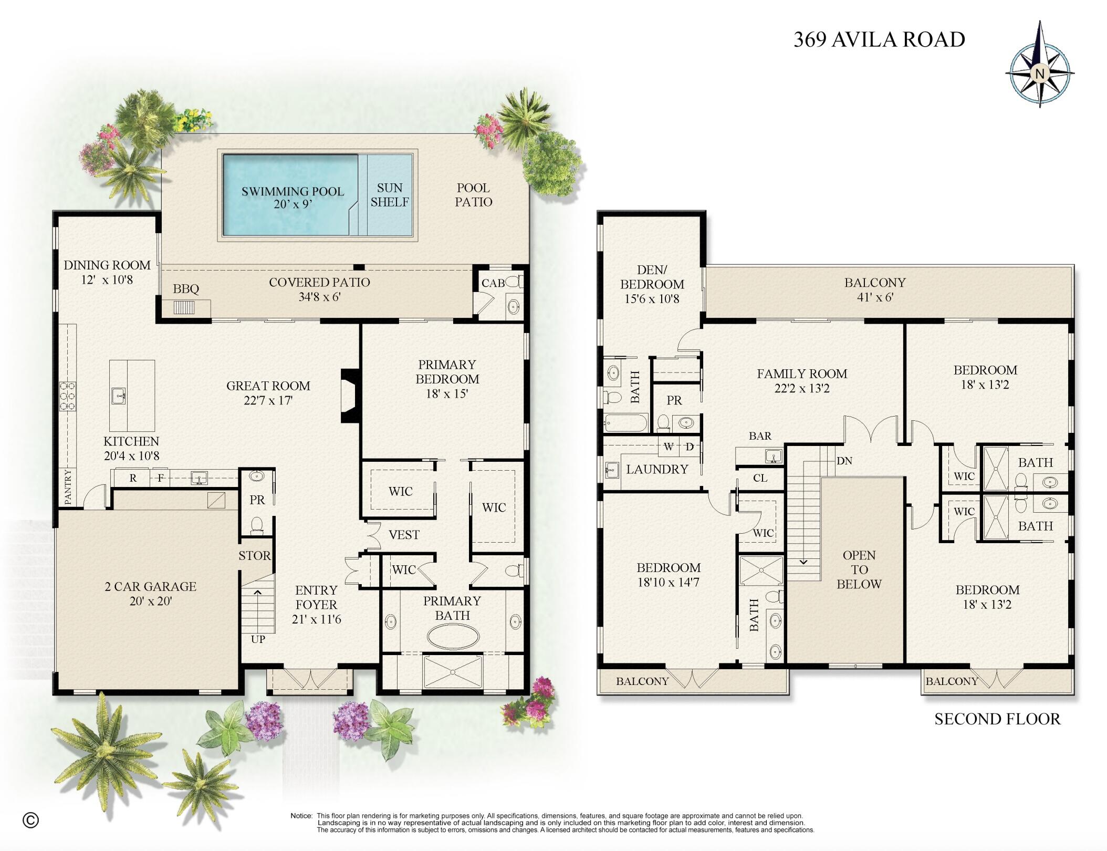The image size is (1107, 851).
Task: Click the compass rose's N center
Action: [x=1039, y=74]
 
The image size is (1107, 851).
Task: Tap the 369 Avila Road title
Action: [x=879, y=40]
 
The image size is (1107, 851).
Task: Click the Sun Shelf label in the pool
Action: [x=389, y=195]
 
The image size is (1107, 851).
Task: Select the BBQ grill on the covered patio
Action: [x=184, y=307]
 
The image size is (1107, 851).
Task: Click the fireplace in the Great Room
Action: [x=350, y=396]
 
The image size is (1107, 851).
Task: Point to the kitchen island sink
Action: [x=118, y=396]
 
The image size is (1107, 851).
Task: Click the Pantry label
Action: [x=68, y=487]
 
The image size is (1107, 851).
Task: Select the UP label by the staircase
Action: [x=258, y=639]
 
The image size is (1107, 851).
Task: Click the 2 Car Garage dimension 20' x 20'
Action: [x=151, y=601]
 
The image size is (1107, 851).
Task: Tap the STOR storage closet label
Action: [x=255, y=556]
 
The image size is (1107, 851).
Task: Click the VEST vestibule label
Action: [x=404, y=535]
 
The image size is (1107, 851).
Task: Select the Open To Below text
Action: [x=859, y=569]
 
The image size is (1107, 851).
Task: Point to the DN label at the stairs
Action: [x=844, y=461]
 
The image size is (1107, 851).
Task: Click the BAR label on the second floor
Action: [x=760, y=436]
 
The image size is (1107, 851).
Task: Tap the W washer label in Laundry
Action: [x=669, y=447]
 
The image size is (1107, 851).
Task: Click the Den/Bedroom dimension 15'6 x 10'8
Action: [x=652, y=299]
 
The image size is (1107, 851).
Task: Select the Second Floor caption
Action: [x=997, y=719]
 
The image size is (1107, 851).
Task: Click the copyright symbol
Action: [x=31, y=819]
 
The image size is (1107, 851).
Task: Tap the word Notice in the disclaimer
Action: [x=301, y=816]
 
